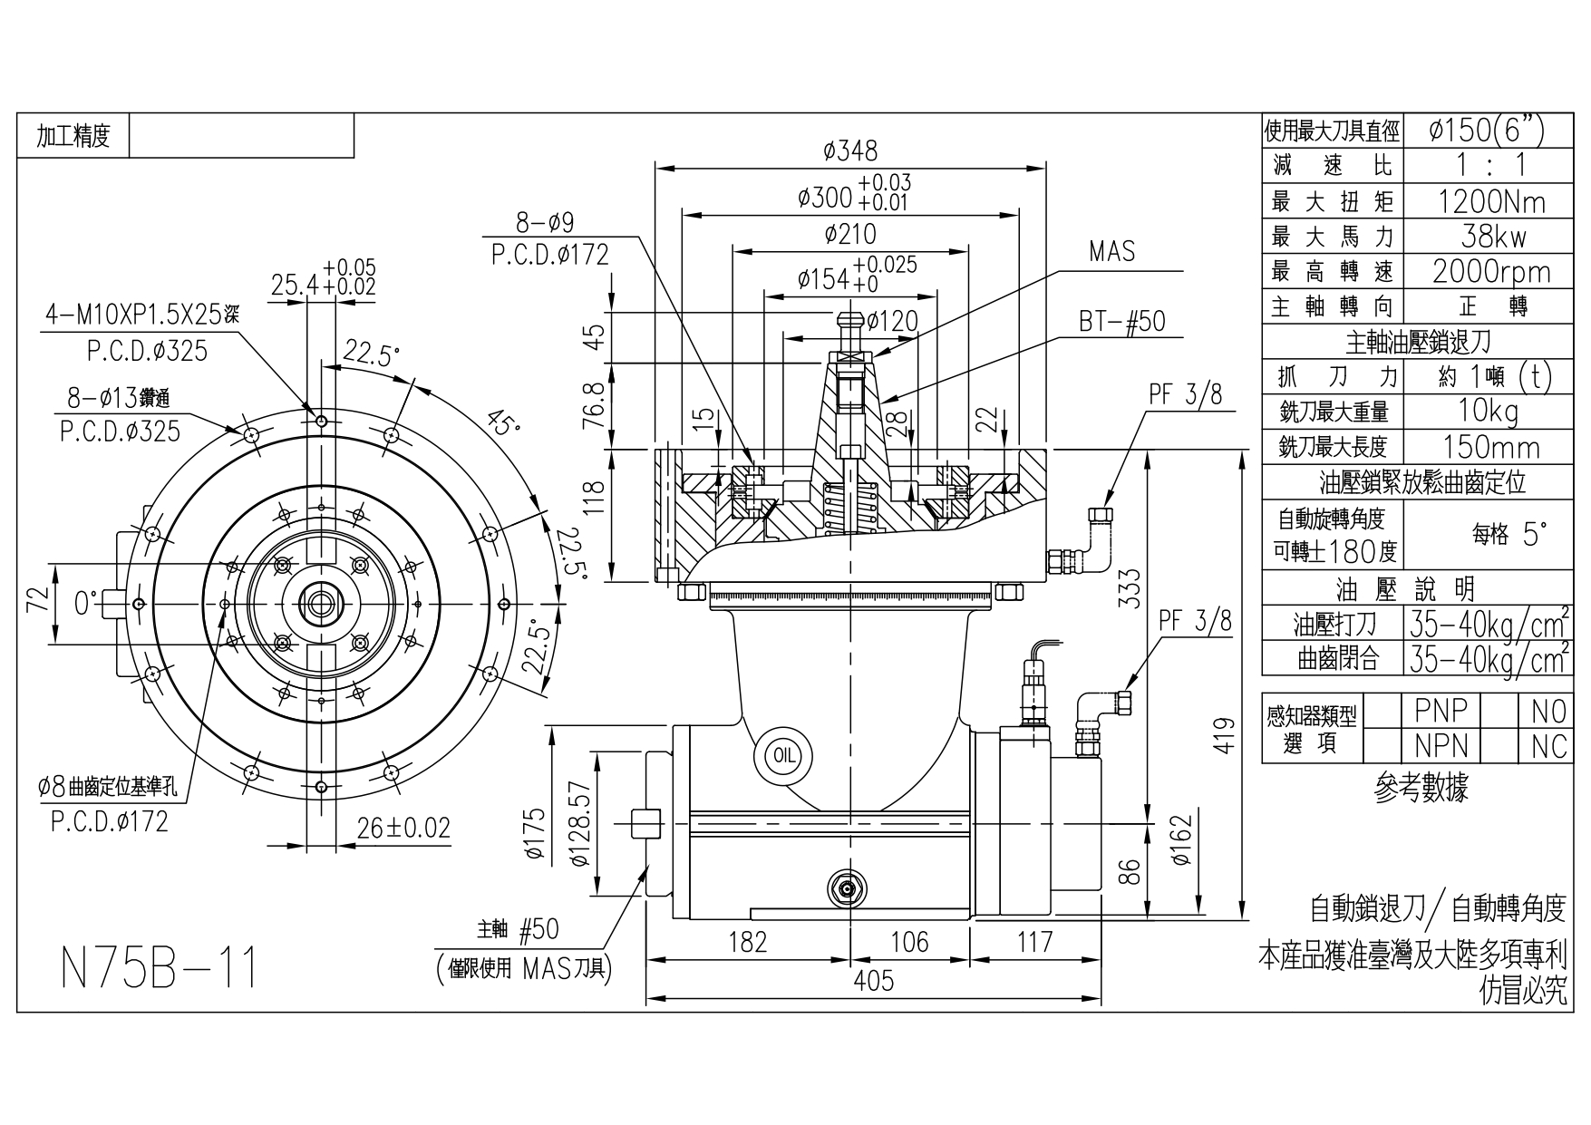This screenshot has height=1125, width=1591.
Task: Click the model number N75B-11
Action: (160, 967)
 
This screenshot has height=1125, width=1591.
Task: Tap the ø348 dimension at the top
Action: (849, 150)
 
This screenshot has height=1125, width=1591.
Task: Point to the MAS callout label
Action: (1111, 251)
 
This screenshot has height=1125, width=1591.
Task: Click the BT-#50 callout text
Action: (1121, 321)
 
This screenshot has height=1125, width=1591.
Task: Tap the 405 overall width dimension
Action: (873, 981)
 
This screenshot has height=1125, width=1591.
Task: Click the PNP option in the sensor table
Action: (1441, 710)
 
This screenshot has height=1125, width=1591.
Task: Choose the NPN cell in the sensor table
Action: (1441, 745)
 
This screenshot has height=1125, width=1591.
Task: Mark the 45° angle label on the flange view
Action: (501, 422)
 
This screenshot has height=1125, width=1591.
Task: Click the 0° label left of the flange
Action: (85, 603)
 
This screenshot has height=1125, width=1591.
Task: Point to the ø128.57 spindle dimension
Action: (582, 823)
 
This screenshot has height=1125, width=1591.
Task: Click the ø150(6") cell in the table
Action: (1486, 131)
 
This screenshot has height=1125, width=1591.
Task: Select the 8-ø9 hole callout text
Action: (545, 223)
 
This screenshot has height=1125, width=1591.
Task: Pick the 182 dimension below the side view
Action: (747, 942)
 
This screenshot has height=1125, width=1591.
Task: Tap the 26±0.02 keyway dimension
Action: (403, 828)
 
